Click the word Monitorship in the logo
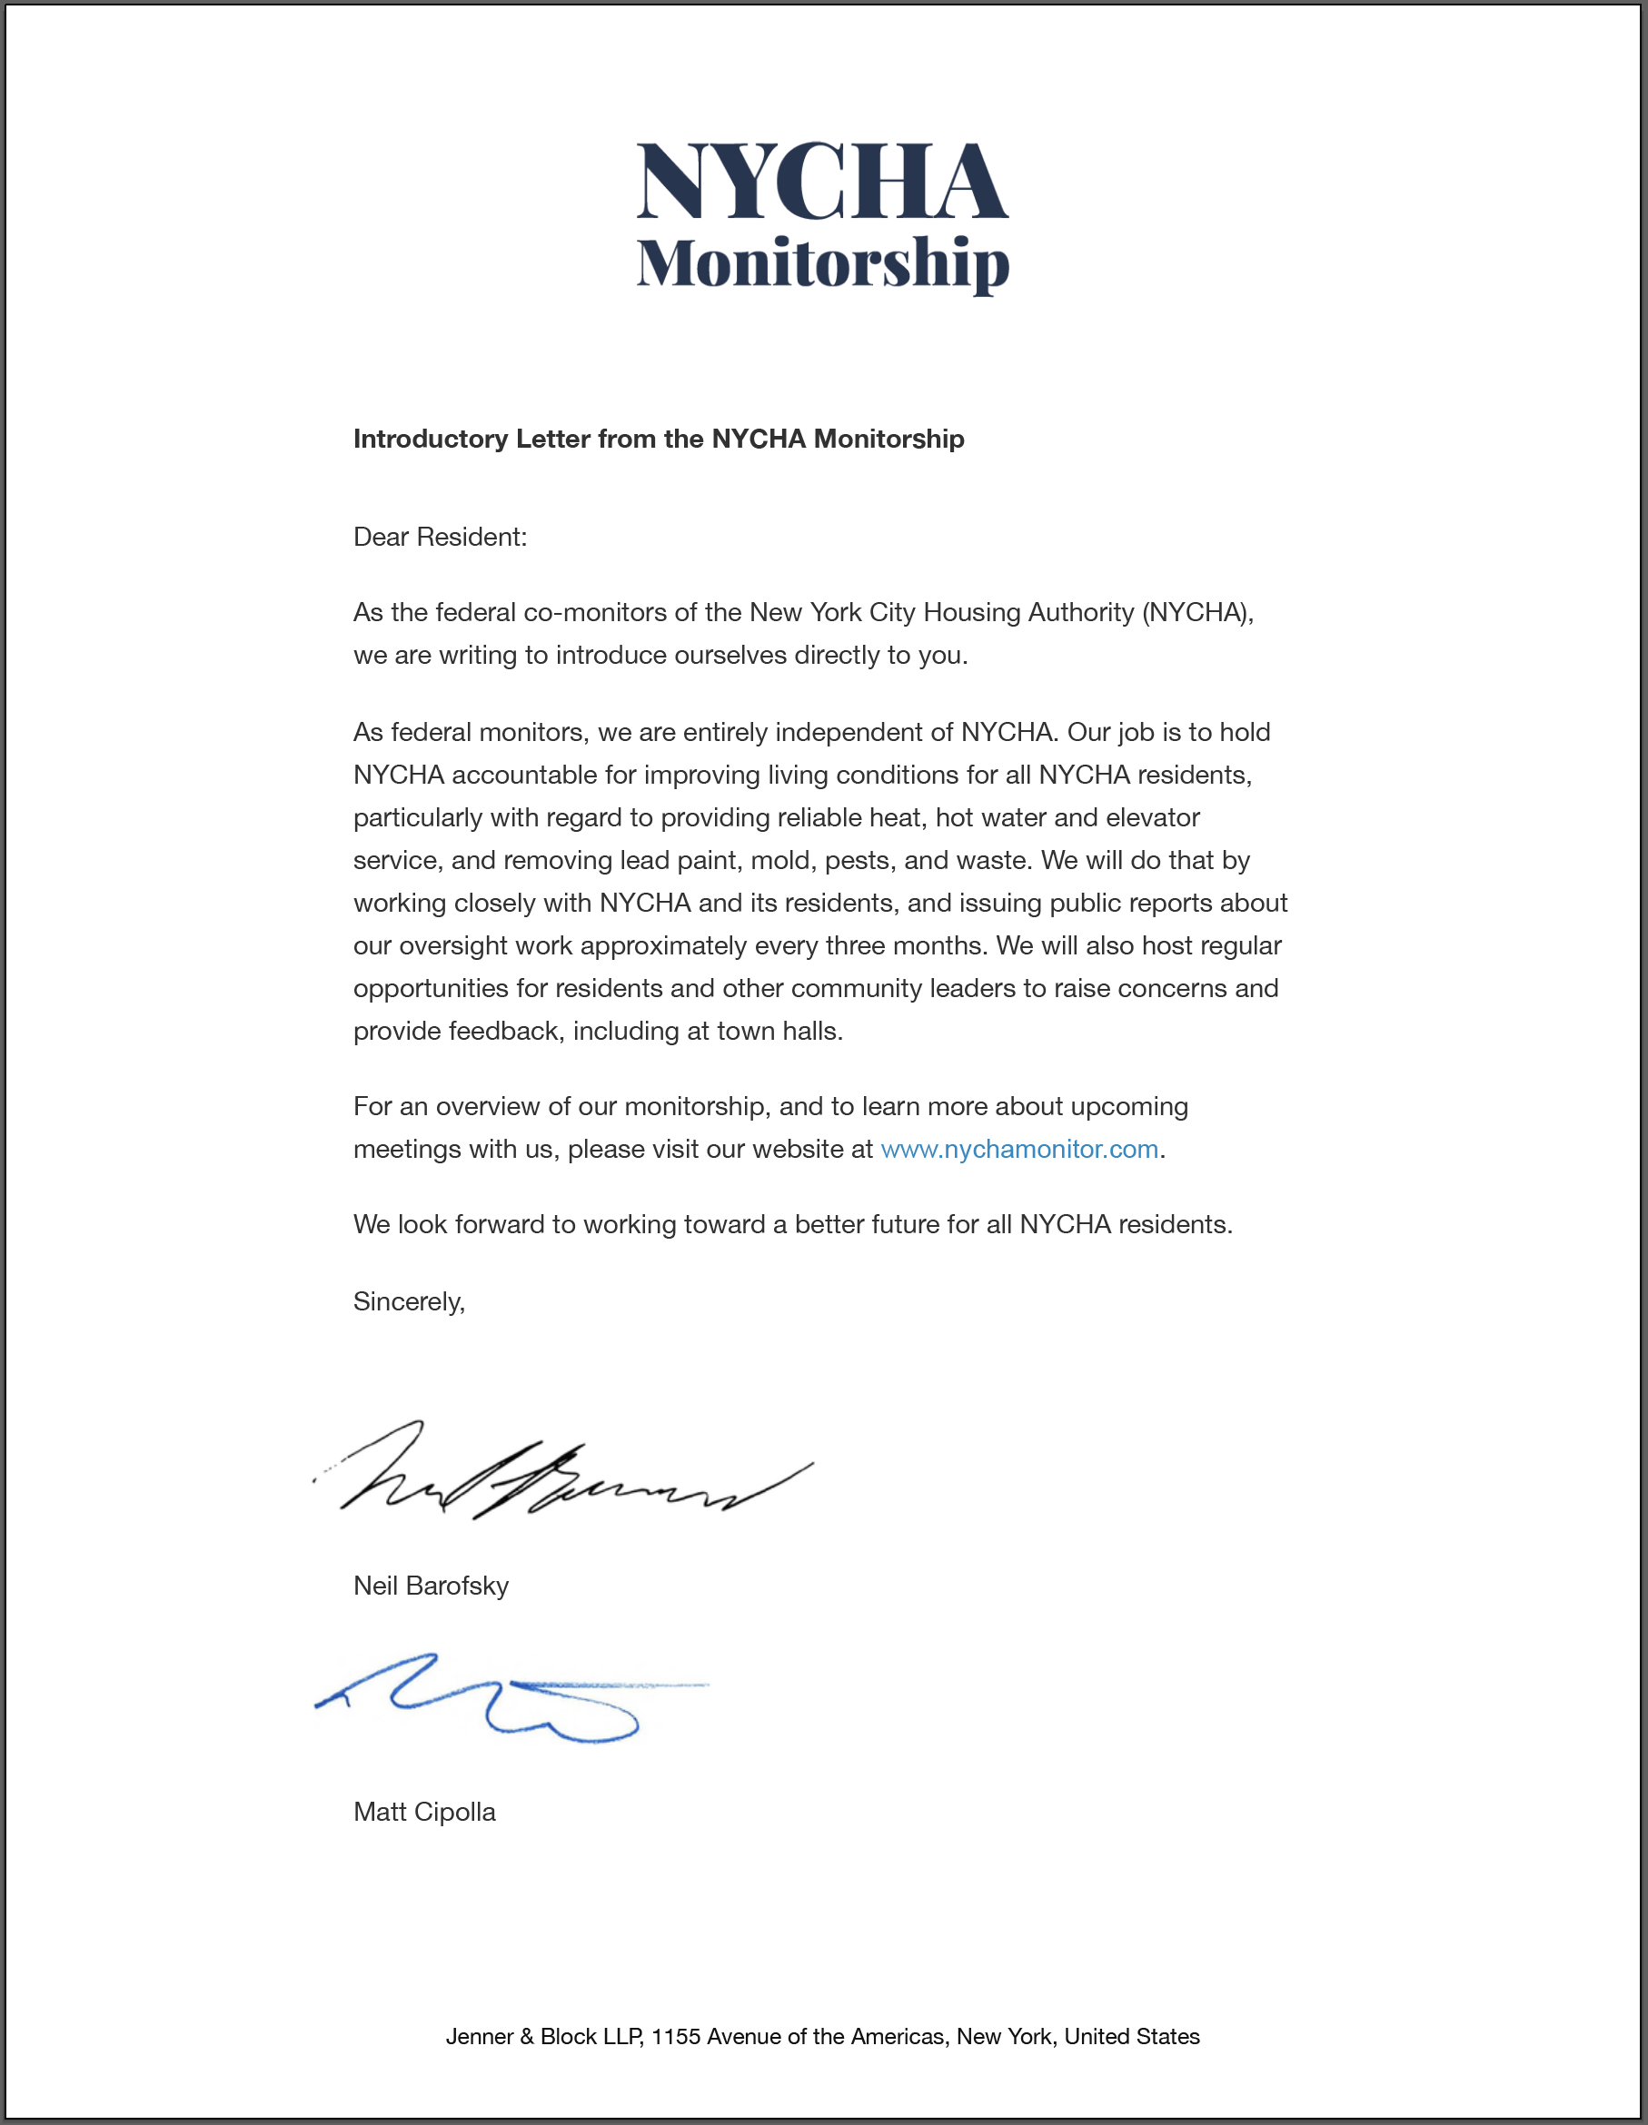point(822,262)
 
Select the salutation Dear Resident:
point(440,537)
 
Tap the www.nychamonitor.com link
point(1019,1149)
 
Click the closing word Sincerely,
point(409,1302)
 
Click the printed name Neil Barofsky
point(431,1586)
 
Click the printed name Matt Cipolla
point(424,1812)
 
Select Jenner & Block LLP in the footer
point(543,2036)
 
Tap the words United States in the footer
point(1131,2036)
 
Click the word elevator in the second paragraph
point(1153,817)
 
